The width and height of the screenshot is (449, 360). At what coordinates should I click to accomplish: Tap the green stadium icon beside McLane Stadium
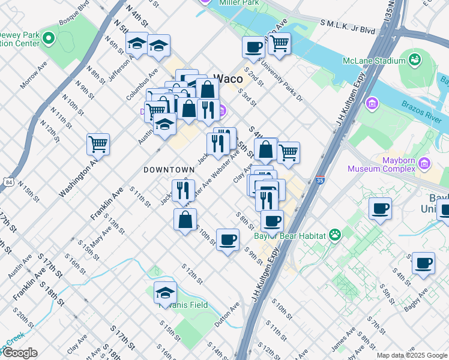tap(414, 59)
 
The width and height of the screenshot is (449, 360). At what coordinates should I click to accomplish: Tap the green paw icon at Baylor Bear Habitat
tap(334, 235)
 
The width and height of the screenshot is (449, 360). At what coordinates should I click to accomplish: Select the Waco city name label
tap(229, 79)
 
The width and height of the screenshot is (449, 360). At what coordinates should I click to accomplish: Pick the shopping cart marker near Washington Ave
tap(98, 144)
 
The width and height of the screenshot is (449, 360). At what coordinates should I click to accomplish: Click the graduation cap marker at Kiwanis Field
tap(165, 293)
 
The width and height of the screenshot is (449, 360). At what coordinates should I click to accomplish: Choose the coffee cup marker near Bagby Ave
tap(424, 263)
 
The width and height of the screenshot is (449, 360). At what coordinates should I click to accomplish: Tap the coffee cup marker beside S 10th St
tap(228, 240)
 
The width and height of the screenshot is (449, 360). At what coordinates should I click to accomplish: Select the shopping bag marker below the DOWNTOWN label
tap(185, 219)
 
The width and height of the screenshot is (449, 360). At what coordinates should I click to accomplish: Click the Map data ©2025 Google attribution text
tap(411, 355)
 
